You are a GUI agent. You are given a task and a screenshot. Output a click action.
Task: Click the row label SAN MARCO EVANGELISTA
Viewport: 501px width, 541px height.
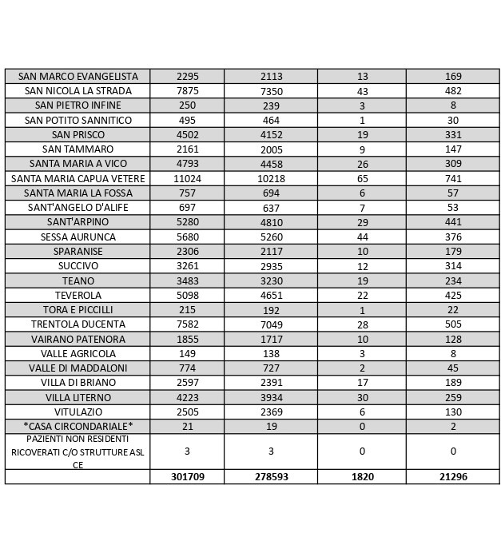[78, 76]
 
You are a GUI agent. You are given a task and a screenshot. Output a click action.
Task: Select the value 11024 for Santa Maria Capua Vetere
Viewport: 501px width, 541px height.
[187, 178]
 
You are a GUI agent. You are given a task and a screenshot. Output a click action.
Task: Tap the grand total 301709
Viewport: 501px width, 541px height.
[187, 476]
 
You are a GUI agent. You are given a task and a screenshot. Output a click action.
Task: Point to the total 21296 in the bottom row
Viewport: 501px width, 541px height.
[452, 476]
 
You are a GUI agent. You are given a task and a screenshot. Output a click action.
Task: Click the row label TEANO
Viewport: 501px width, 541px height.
[78, 280]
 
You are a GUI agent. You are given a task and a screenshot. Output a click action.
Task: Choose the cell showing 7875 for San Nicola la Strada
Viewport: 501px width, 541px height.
[187, 91]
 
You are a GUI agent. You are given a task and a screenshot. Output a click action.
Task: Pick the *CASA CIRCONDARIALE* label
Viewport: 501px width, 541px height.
[78, 426]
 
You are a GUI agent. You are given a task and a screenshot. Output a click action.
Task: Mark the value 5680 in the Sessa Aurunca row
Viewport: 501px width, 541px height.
[187, 237]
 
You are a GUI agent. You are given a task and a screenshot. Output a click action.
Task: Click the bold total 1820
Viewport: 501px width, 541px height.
[362, 476]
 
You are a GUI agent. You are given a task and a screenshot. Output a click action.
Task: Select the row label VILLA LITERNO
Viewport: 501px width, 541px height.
[78, 397]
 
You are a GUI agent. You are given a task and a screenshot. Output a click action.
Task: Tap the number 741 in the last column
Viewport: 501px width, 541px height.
[452, 178]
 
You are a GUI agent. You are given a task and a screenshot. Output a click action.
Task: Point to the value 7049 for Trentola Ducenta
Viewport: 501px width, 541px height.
[271, 324]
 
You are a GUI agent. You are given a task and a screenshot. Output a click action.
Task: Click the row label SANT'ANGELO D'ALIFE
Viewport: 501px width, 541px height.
[78, 208]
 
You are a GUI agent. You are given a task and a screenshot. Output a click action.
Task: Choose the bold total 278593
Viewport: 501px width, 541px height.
[271, 476]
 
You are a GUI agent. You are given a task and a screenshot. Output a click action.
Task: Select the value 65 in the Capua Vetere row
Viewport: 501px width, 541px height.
[362, 178]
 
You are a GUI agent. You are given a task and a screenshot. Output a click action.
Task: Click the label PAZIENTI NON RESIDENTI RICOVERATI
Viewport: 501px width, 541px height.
[78, 451]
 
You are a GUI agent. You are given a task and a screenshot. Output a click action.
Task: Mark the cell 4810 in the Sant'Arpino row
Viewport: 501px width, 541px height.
[271, 222]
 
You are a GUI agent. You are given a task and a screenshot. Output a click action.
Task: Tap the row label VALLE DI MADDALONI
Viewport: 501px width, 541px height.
[78, 368]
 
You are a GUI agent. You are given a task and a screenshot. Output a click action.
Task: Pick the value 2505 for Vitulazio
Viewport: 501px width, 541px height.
[187, 412]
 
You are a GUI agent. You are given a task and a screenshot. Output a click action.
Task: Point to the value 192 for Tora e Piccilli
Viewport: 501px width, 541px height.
[271, 310]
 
